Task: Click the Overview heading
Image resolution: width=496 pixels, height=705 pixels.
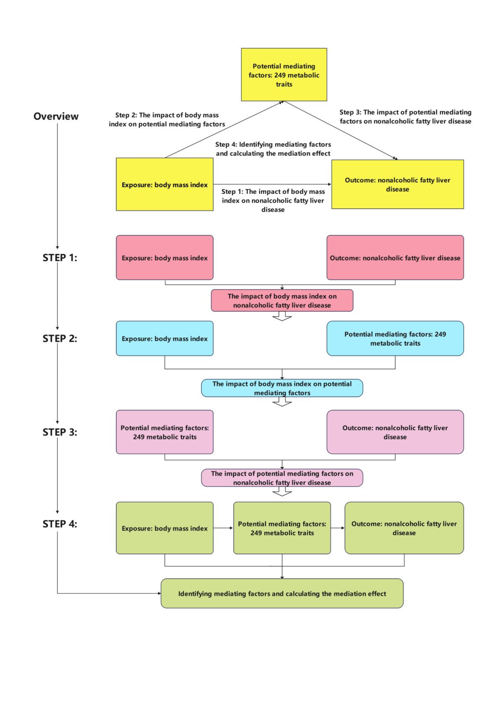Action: click(56, 116)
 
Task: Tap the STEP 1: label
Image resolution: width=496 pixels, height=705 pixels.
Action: click(60, 257)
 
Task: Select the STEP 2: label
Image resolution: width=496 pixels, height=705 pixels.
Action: click(60, 338)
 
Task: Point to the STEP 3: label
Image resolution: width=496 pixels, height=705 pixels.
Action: click(60, 432)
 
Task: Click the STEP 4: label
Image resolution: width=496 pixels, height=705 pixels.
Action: click(60, 524)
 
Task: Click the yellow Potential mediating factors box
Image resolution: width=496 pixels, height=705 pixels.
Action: click(284, 75)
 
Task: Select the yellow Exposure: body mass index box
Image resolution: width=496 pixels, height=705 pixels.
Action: click(165, 184)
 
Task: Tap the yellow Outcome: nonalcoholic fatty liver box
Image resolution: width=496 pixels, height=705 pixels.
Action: click(397, 184)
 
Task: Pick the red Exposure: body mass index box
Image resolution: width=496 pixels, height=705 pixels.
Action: click(165, 257)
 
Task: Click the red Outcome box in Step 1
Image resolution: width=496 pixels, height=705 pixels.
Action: click(395, 257)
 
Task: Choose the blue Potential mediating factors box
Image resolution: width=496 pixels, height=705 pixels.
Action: click(395, 338)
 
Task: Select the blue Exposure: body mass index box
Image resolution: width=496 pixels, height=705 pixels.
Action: click(165, 338)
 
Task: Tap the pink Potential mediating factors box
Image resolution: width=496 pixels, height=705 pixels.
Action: click(165, 432)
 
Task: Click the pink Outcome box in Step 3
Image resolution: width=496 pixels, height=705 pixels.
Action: click(395, 432)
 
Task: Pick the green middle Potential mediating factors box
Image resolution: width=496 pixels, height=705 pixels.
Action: click(282, 528)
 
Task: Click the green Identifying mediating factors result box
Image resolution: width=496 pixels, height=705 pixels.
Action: click(282, 593)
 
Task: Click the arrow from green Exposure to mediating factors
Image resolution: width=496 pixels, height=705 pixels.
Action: click(223, 528)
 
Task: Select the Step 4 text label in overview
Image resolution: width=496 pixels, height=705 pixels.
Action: click(273, 149)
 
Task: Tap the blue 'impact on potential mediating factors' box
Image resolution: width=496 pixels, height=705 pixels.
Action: click(282, 388)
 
